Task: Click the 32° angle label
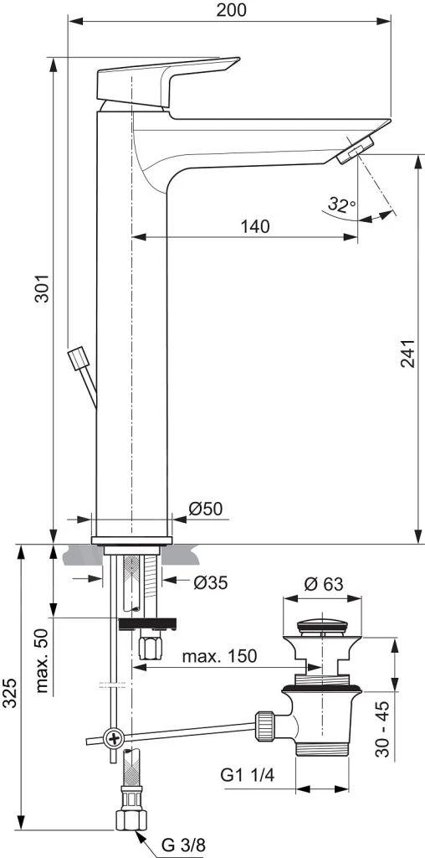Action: pyautogui.click(x=341, y=204)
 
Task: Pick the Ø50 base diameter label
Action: pyautogui.click(x=206, y=509)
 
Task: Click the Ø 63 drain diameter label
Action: pyautogui.click(x=324, y=585)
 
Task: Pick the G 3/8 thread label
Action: pyautogui.click(x=182, y=846)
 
